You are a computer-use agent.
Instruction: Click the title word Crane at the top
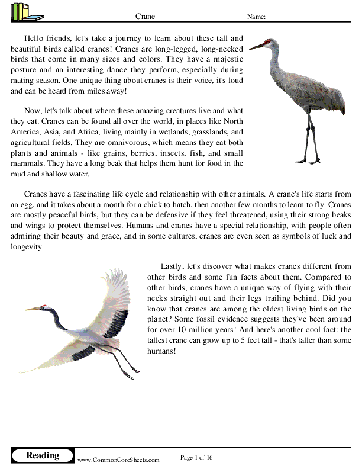(x=146, y=17)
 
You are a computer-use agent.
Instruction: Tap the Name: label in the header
(x=256, y=17)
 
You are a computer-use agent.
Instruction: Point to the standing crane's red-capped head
(x=269, y=43)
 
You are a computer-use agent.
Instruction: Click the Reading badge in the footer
(x=43, y=455)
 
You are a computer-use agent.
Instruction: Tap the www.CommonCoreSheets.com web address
(x=118, y=460)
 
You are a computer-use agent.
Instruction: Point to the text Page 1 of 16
(x=196, y=457)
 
